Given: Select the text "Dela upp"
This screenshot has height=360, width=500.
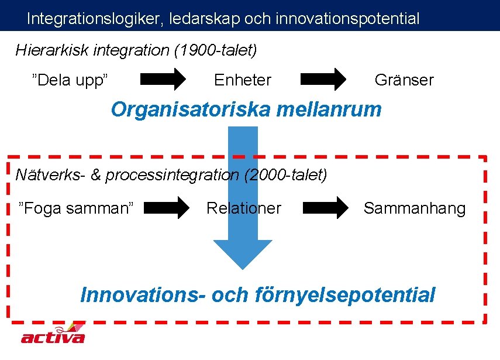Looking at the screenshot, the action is click(72, 80).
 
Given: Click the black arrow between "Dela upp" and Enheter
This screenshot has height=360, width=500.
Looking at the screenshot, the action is click(162, 80).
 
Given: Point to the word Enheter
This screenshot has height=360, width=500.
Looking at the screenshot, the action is click(243, 80).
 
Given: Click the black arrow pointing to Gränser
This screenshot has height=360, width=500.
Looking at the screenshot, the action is click(323, 80).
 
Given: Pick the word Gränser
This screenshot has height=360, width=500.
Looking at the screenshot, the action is click(404, 80).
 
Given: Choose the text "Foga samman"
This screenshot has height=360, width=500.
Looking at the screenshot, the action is click(77, 208).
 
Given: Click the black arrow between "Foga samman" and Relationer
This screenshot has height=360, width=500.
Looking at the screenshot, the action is click(167, 208).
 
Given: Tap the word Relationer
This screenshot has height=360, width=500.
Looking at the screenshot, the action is click(244, 208).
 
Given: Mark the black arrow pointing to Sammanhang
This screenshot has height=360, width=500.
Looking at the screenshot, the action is click(325, 208).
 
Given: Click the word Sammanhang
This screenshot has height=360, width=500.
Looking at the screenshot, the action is click(415, 208).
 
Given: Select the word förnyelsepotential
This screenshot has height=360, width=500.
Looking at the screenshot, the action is click(346, 294).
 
